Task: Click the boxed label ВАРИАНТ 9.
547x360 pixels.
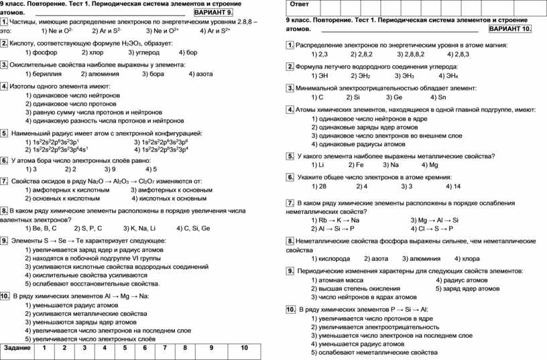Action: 214,13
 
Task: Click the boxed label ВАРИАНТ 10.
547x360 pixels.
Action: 511,30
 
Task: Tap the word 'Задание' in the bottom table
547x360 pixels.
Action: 17,348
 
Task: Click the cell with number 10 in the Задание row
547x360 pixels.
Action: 244,348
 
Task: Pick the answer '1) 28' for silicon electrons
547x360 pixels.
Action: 319,186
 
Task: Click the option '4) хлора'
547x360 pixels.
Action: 467,258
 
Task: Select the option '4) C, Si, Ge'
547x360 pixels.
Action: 193,228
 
